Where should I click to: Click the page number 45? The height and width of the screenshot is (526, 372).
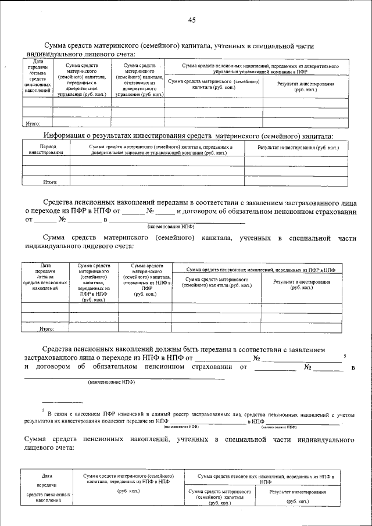click(192, 20)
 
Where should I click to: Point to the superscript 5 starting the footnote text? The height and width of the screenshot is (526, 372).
click(42, 410)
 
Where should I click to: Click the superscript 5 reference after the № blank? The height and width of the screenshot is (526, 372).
click(345, 355)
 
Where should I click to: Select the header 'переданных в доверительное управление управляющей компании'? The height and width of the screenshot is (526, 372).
click(160, 150)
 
